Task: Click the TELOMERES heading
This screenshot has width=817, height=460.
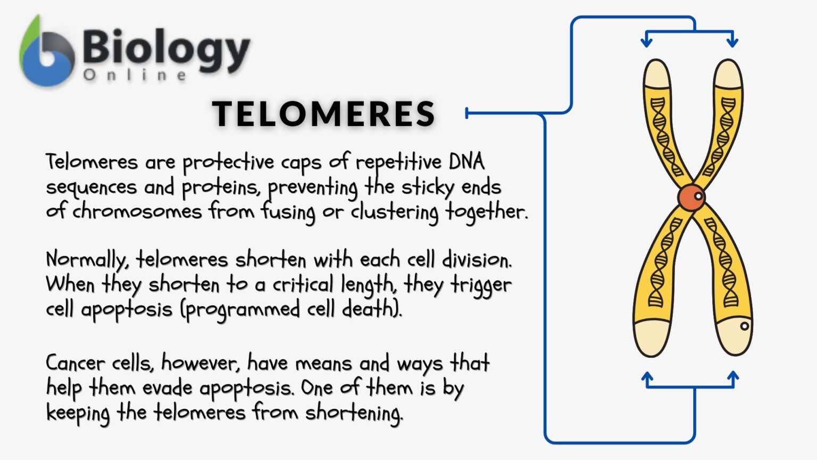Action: pos(324,113)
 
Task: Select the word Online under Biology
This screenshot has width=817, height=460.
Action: pos(135,75)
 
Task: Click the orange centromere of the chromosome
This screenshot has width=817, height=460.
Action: pos(691,197)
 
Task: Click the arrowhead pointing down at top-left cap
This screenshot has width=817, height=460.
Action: pos(647,41)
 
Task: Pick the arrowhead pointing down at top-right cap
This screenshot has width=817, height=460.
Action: pos(732,41)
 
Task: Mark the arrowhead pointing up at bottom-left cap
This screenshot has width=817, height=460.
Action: pos(647,377)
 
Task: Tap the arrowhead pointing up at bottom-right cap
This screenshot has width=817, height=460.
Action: pos(733,377)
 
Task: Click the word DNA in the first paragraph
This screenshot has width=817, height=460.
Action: pos(466,161)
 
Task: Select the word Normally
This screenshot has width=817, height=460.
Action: pos(87,260)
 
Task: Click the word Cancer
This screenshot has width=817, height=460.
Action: pos(75,363)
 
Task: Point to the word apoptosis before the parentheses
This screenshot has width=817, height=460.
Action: pos(127,310)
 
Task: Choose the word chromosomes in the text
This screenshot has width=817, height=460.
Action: pos(137,211)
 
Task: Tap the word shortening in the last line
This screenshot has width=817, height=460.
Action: pos(354,413)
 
